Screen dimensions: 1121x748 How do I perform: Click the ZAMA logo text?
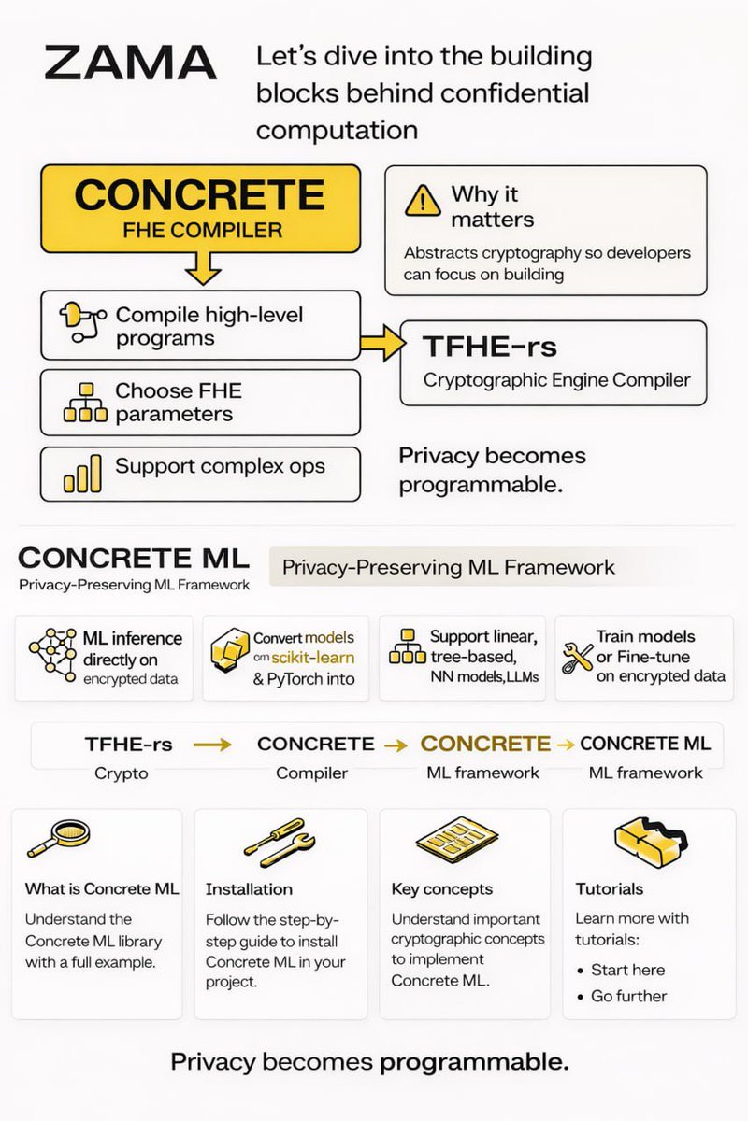[x=130, y=64]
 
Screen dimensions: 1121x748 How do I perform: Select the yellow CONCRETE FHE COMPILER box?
[x=199, y=208]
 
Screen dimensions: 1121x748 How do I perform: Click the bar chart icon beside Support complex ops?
[x=81, y=475]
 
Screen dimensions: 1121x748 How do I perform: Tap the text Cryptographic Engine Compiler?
[x=556, y=380]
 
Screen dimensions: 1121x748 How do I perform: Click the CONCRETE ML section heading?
[x=134, y=559]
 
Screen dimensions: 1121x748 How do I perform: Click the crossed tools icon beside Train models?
[x=576, y=658]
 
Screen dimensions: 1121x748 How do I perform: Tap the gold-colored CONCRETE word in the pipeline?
[x=485, y=744]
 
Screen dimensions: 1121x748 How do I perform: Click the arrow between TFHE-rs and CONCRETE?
[x=212, y=745]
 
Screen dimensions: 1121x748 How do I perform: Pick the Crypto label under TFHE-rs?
[x=121, y=773]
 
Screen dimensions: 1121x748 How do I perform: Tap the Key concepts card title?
[x=441, y=889]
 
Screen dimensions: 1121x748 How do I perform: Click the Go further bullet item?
[x=628, y=996]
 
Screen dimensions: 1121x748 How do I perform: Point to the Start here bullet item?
[x=627, y=970]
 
